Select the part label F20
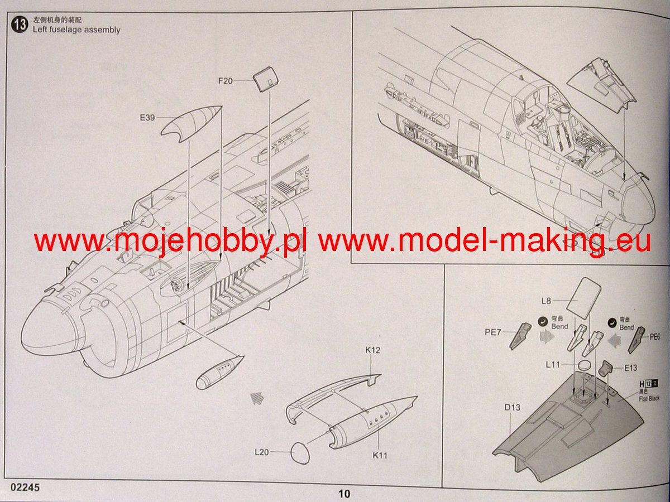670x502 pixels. pos(225,81)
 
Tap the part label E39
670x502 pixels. pos(147,118)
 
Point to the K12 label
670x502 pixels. pos(373,350)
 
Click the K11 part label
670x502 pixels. pos(380,455)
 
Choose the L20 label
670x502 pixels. pos(262,452)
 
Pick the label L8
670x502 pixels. pos(546,301)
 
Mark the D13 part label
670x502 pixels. pos(512,408)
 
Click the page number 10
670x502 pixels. pos(344,494)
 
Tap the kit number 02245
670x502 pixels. pos(25,487)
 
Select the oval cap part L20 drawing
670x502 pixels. pos(301,452)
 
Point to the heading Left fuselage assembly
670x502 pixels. pos(76,30)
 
